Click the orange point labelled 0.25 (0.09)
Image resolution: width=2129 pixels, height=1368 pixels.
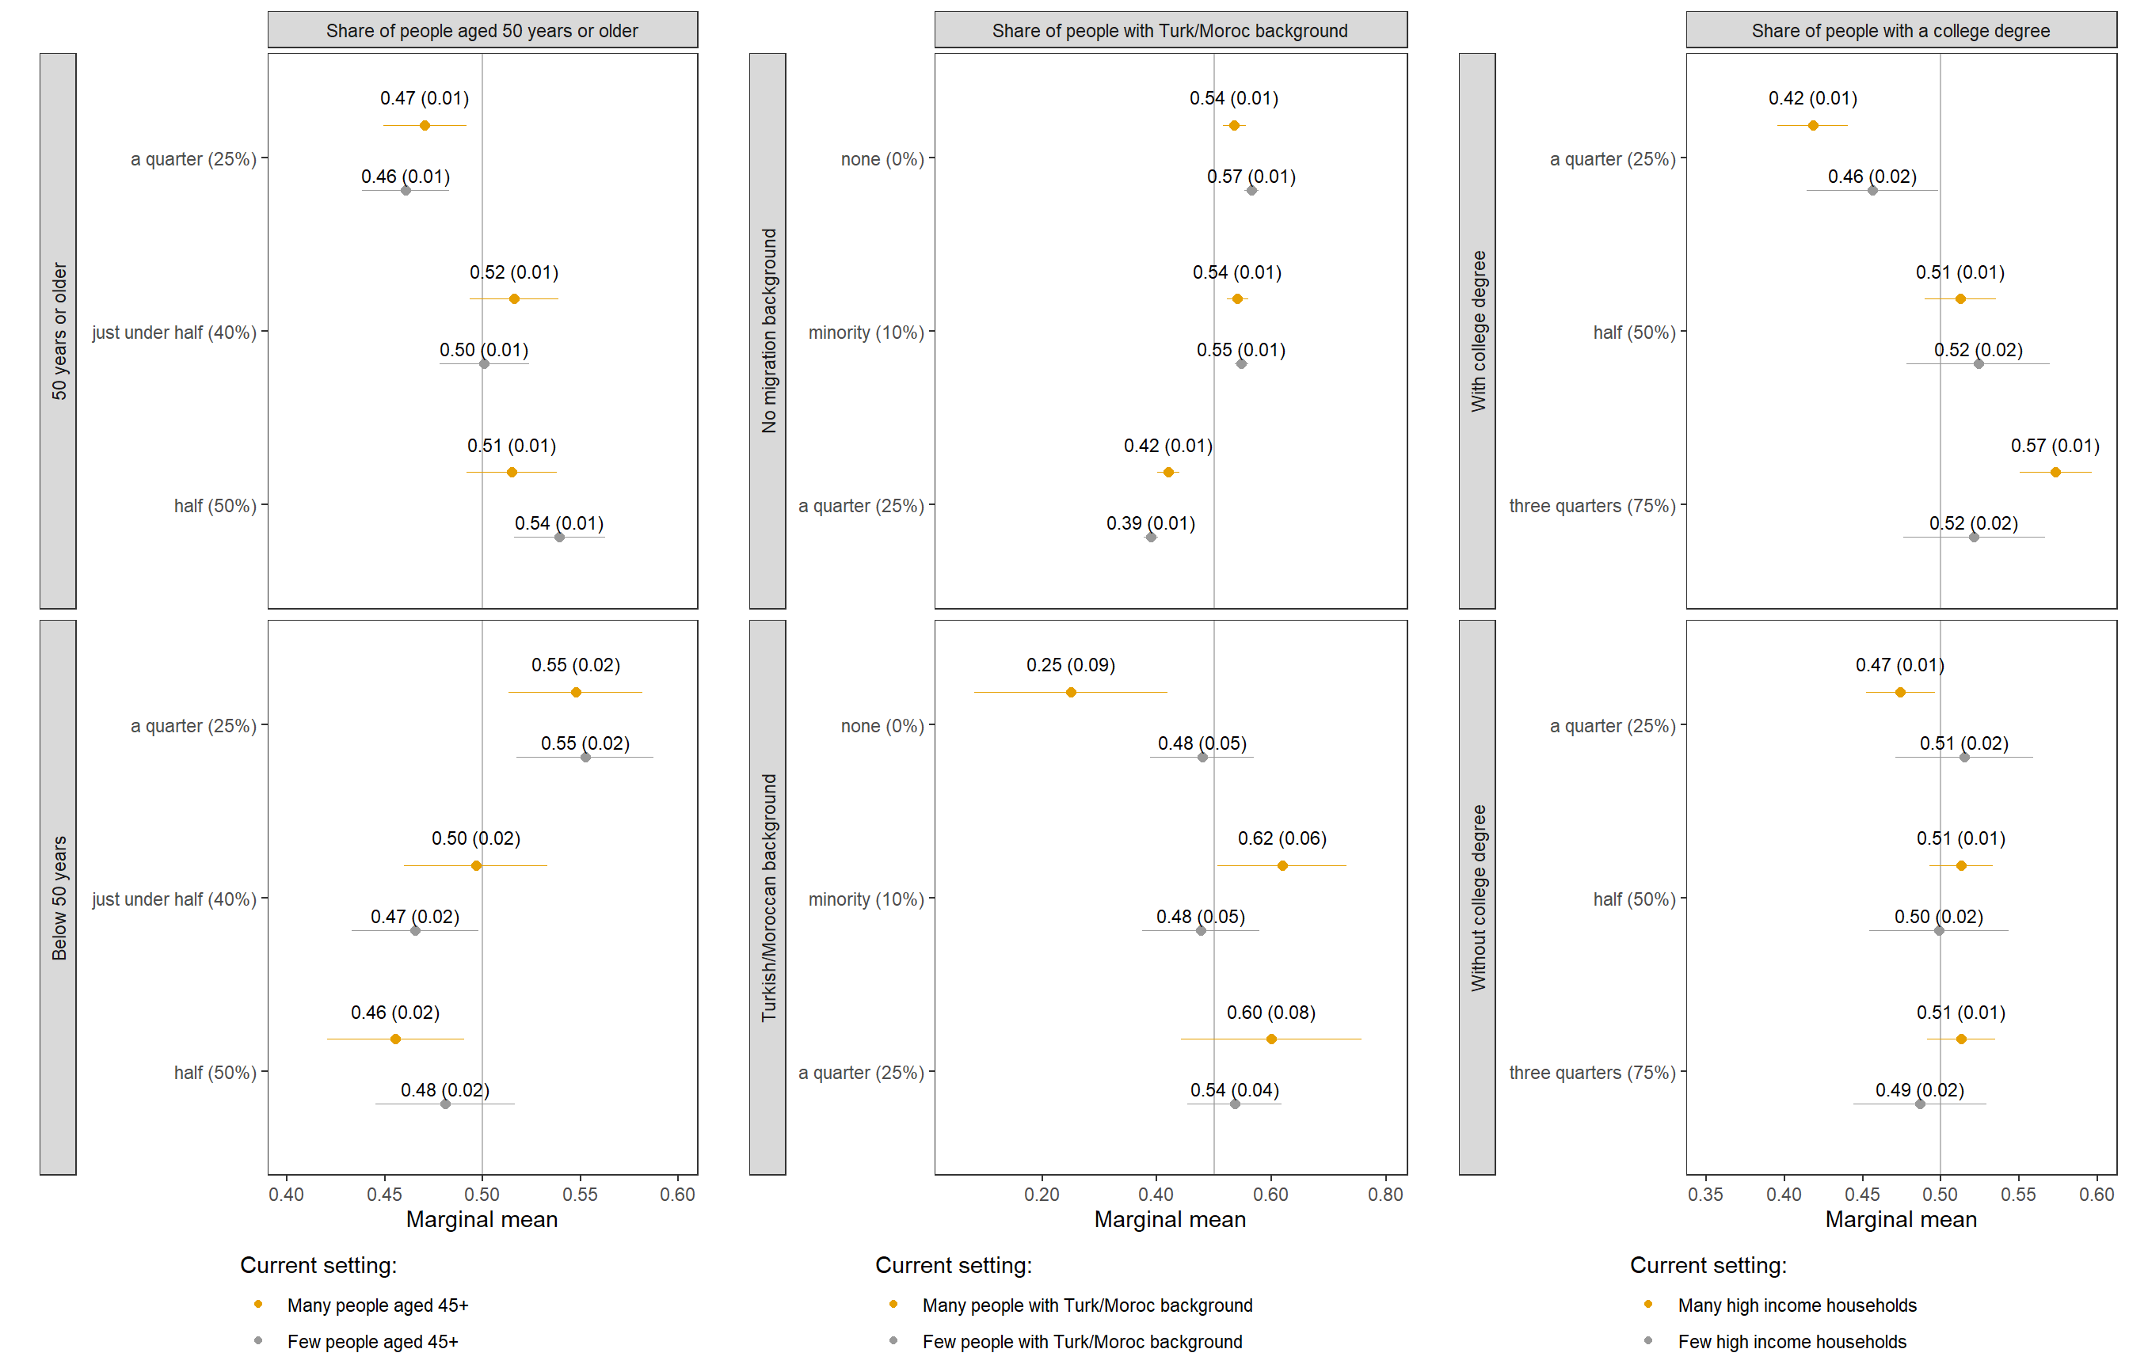click(x=1071, y=692)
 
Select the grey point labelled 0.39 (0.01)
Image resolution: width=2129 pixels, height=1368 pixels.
click(x=1151, y=537)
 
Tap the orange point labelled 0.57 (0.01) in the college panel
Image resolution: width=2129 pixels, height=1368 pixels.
click(x=2055, y=472)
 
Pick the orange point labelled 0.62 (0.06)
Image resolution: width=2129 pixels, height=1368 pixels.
click(x=1282, y=865)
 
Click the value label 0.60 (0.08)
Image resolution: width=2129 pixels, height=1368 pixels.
click(x=1270, y=1012)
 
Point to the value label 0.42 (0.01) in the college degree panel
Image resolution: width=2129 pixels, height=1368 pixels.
click(x=1813, y=97)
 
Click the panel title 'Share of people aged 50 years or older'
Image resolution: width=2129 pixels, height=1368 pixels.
click(x=482, y=30)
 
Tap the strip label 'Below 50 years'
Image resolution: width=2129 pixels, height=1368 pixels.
click(x=59, y=897)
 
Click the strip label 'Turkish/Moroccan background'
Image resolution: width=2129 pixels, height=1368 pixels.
click(x=768, y=897)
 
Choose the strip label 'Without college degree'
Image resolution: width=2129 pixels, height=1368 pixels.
click(x=1478, y=897)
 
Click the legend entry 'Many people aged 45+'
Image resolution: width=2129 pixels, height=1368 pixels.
click(x=377, y=1305)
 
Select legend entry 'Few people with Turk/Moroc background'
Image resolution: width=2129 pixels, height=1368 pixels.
click(x=1081, y=1341)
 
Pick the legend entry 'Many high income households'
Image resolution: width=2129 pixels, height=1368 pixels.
click(x=1796, y=1305)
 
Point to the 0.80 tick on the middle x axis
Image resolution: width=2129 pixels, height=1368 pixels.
click(x=1385, y=1195)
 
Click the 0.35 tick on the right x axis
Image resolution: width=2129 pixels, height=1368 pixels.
click(x=1705, y=1195)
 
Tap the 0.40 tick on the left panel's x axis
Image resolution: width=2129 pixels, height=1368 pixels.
click(x=286, y=1195)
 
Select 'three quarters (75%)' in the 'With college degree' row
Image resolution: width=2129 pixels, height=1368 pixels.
click(x=1591, y=505)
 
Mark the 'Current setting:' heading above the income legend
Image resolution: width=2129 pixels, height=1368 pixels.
click(x=1708, y=1265)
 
